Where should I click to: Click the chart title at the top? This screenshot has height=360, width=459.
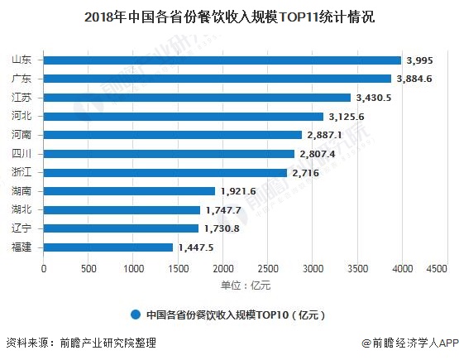(229, 16)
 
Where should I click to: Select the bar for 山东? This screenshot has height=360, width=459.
(222, 60)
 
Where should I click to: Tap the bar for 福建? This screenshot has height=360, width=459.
(108, 247)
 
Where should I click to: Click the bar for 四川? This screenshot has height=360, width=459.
(169, 154)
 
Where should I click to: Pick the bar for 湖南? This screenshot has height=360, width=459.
(129, 191)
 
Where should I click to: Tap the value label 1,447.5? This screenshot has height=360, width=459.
(196, 247)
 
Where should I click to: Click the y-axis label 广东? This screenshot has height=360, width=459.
(22, 79)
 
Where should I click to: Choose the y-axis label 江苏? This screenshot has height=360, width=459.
(22, 98)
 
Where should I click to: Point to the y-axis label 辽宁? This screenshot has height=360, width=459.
(22, 228)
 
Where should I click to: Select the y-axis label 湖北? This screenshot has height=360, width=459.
(22, 209)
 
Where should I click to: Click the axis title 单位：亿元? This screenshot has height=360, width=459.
(245, 286)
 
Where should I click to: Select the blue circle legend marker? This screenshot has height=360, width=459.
(135, 314)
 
